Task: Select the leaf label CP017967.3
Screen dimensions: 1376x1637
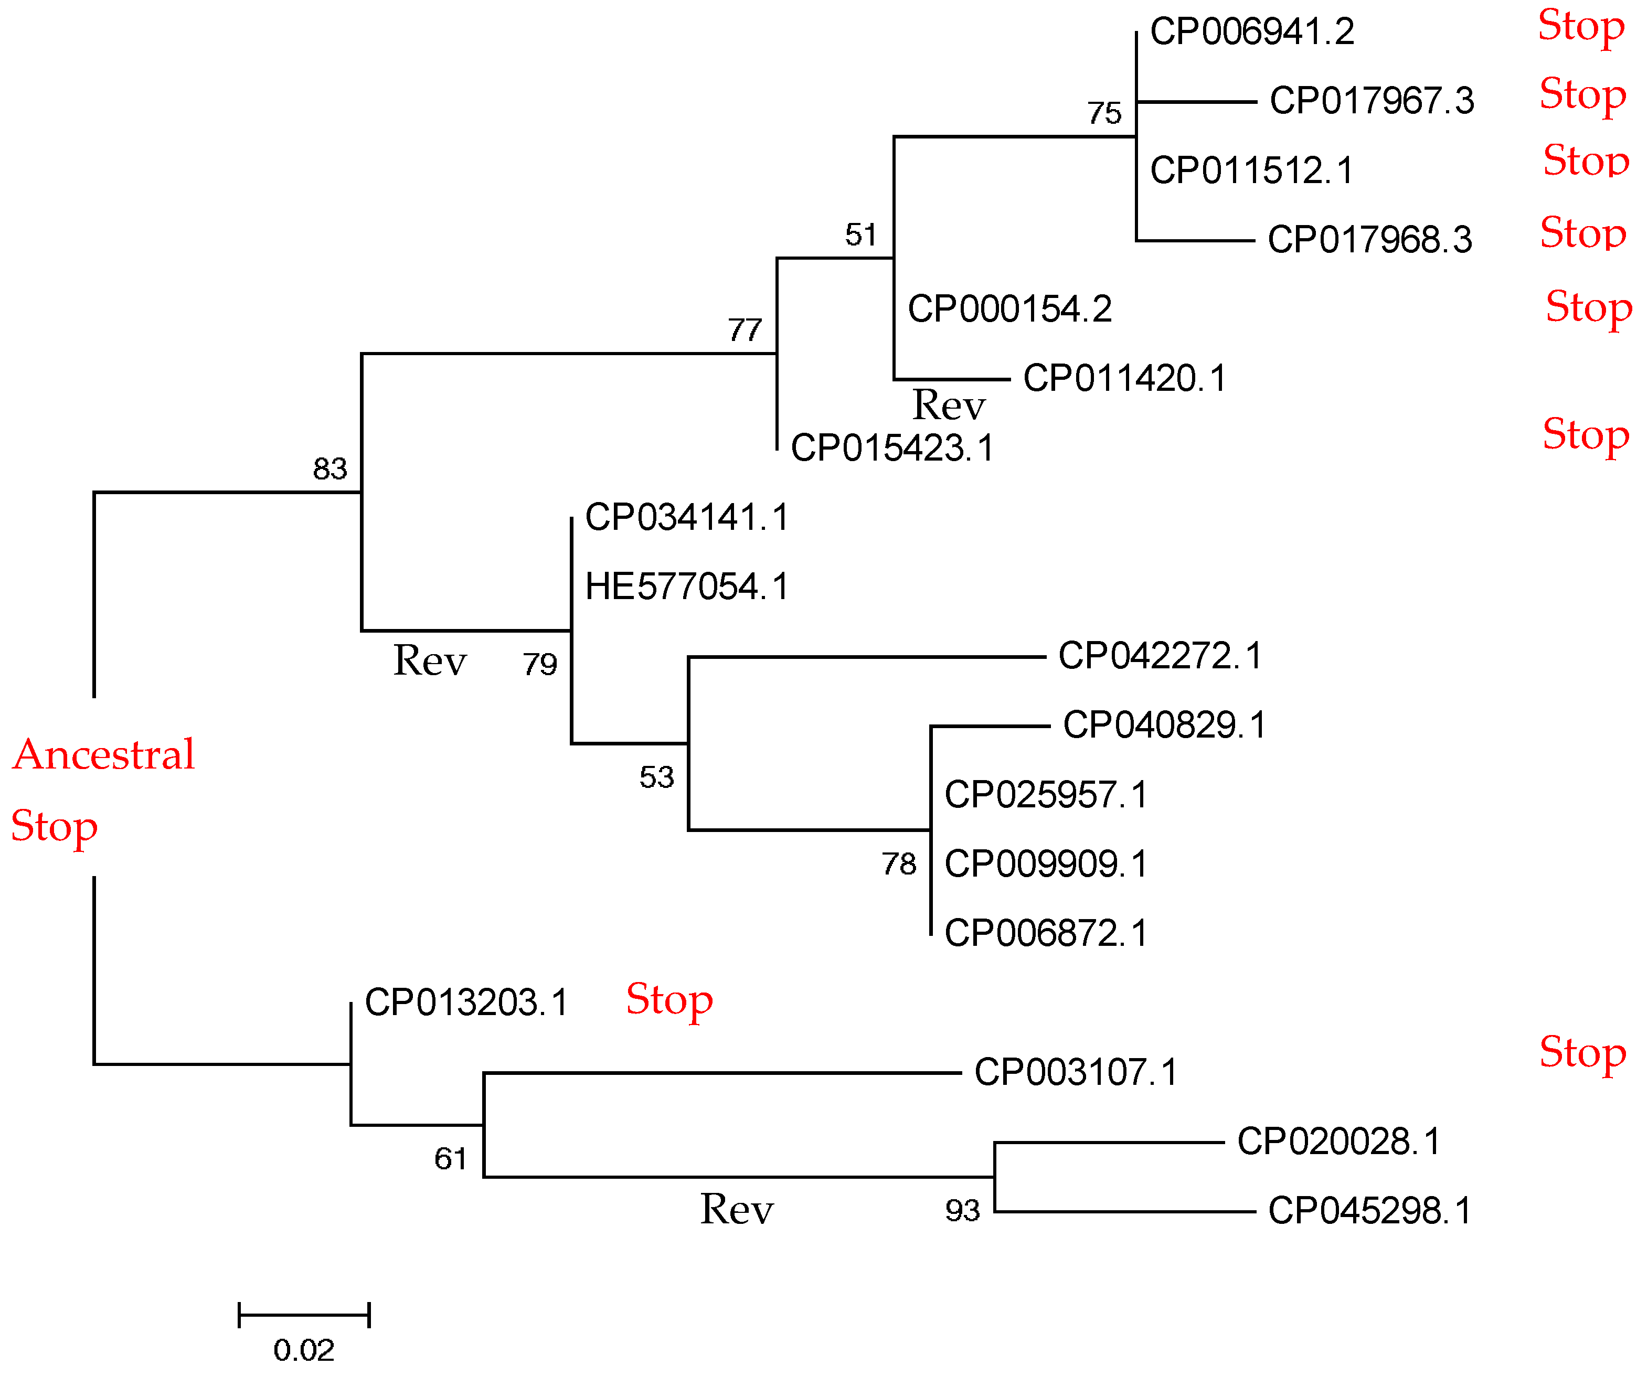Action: pyautogui.click(x=1372, y=101)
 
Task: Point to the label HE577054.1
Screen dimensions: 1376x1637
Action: pyautogui.click(x=687, y=586)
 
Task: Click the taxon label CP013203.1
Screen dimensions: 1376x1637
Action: pyautogui.click(x=466, y=1002)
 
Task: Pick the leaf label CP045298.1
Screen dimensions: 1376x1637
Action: pyautogui.click(x=1369, y=1211)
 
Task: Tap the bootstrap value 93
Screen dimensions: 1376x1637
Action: pyautogui.click(x=962, y=1211)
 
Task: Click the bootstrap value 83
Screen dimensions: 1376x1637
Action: pyautogui.click(x=329, y=469)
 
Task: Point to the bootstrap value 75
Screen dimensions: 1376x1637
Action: pyautogui.click(x=1104, y=114)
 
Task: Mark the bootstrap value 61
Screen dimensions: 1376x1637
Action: pyautogui.click(x=450, y=1159)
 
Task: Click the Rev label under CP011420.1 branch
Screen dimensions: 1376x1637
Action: pyautogui.click(x=948, y=406)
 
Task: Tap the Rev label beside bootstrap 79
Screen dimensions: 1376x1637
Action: pyautogui.click(x=429, y=662)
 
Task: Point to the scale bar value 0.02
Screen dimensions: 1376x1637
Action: pyautogui.click(x=303, y=1351)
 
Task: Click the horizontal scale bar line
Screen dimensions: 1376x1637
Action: pyautogui.click(x=303, y=1315)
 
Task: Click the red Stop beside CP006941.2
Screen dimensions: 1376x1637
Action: pyautogui.click(x=1581, y=27)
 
